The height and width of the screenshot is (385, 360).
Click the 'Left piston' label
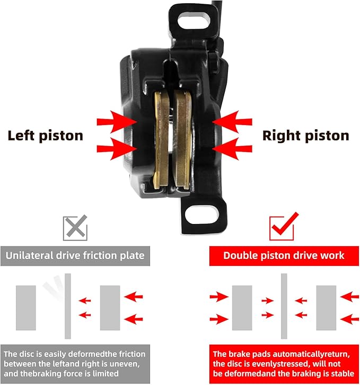(45, 136)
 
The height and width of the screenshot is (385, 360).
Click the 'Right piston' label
(306, 136)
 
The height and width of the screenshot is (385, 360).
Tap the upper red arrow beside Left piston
(116, 122)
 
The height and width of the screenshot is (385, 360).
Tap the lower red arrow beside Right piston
(232, 149)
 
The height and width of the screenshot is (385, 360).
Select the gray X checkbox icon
(75, 228)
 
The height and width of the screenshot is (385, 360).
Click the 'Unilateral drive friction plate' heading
(75, 256)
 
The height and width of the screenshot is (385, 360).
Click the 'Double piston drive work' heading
(284, 256)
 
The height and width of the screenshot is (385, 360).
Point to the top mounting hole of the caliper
(194, 20)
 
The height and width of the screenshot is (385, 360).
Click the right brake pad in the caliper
(182, 139)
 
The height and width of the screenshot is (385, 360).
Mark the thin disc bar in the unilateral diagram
(68, 306)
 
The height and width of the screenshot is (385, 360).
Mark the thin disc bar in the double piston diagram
(284, 306)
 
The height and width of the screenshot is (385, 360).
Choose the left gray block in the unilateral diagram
(26, 308)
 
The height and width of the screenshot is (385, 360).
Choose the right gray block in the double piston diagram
(326, 308)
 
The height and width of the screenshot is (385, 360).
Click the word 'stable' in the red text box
(343, 373)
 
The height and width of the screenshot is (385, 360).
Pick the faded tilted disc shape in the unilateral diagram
(54, 288)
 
